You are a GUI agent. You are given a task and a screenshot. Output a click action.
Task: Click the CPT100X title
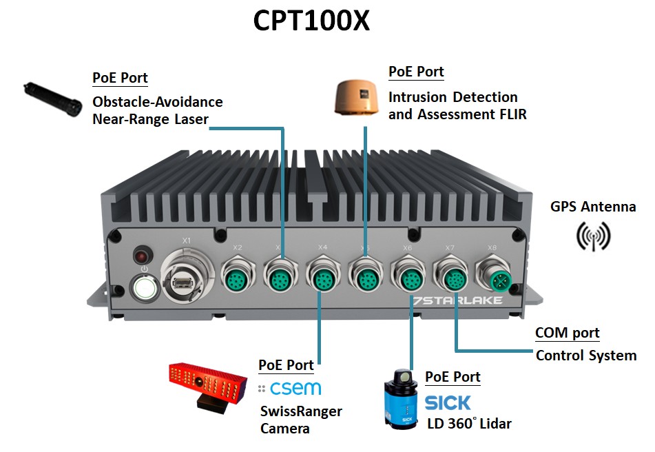pyautogui.click(x=311, y=21)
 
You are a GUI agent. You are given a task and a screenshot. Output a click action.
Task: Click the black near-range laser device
pyautogui.click(x=50, y=99)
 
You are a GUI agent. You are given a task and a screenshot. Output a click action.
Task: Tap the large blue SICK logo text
pyautogui.click(x=448, y=402)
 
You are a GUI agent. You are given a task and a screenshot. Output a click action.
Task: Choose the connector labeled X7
pyautogui.click(x=453, y=278)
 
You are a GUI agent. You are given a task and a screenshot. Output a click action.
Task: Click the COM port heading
pyautogui.click(x=567, y=333)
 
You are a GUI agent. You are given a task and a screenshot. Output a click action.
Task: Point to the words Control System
pyautogui.click(x=585, y=356)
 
